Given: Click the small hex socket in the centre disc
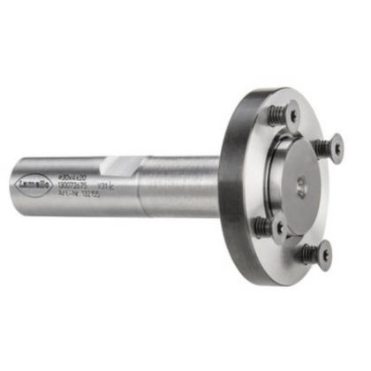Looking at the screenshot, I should pyautogui.click(x=303, y=186).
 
